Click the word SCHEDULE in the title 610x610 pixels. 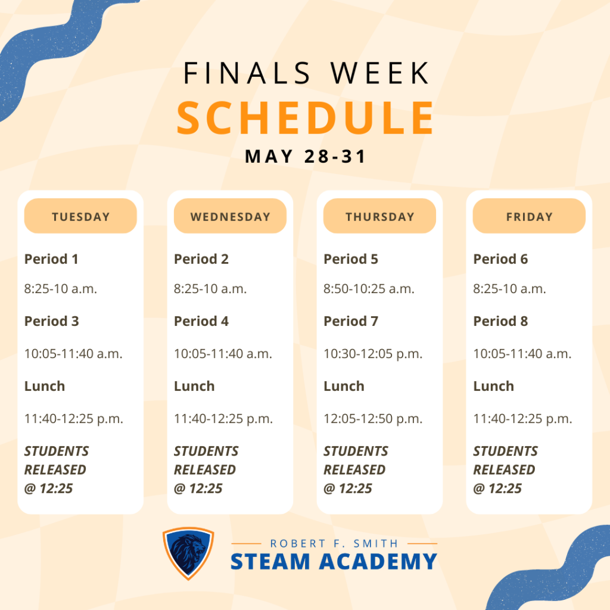click(x=305, y=118)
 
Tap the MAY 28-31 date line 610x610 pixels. click(x=305, y=157)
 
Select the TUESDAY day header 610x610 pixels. click(x=80, y=216)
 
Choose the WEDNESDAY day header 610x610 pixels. click(x=230, y=216)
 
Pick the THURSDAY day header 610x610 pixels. click(x=379, y=216)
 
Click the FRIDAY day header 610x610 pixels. click(x=529, y=216)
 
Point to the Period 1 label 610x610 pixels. click(x=51, y=259)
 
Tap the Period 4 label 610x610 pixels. click(x=201, y=321)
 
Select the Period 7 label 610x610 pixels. click(x=351, y=321)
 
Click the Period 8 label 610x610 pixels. click(x=500, y=321)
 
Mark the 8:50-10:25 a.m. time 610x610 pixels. click(x=369, y=289)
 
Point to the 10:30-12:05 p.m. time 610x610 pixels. click(x=373, y=354)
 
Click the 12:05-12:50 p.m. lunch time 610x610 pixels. click(x=373, y=419)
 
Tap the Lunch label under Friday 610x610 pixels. click(x=493, y=386)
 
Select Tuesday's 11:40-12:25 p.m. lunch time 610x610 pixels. click(x=74, y=419)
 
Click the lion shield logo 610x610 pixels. click(x=188, y=553)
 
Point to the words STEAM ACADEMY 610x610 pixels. click(x=334, y=562)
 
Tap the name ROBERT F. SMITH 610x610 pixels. click(x=334, y=543)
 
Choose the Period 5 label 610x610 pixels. click(x=351, y=259)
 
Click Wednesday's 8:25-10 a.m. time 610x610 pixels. click(x=210, y=289)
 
